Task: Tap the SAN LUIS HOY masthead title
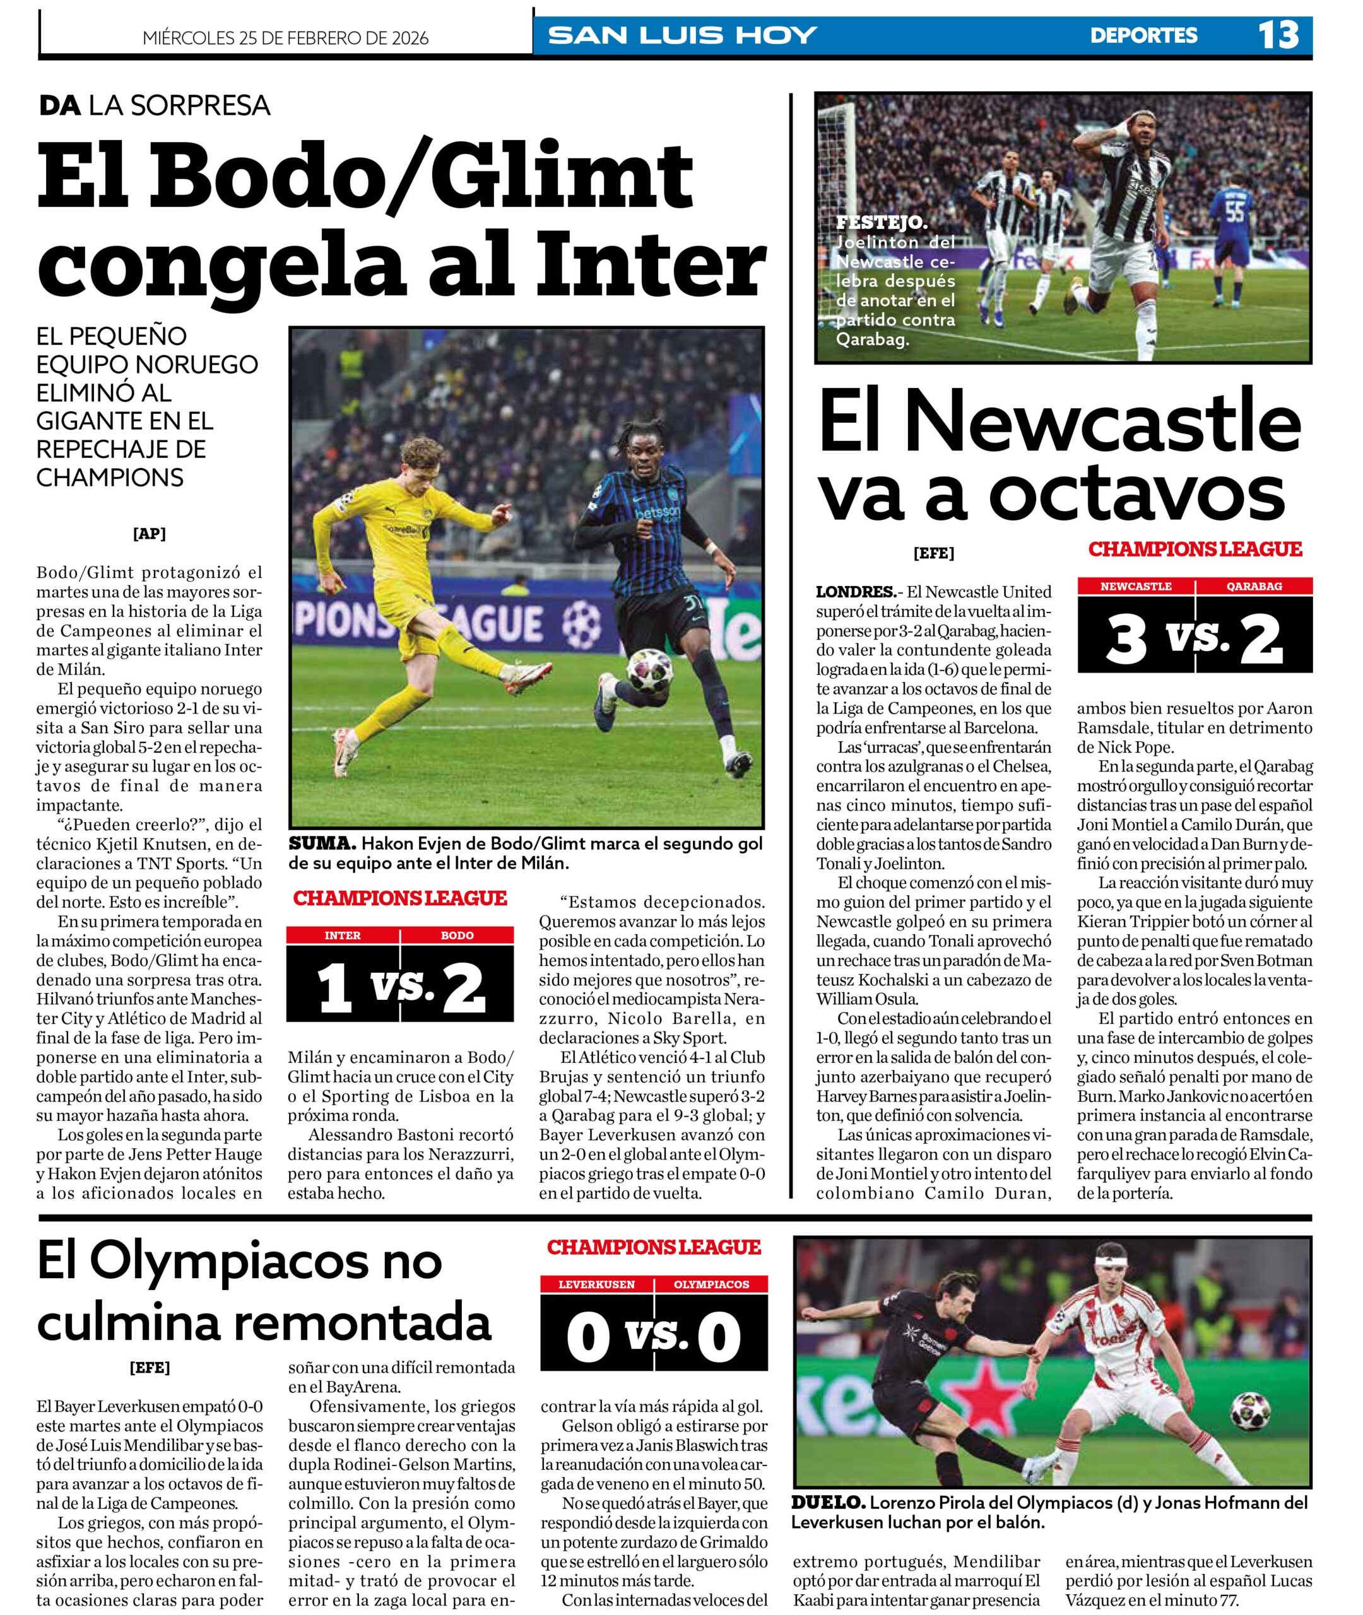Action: tap(681, 35)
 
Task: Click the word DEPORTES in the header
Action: tap(1143, 35)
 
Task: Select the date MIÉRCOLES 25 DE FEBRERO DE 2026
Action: tap(285, 38)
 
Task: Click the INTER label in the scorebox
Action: tap(342, 936)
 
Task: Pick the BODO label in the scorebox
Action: tap(457, 936)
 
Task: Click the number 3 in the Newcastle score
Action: tap(1126, 640)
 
